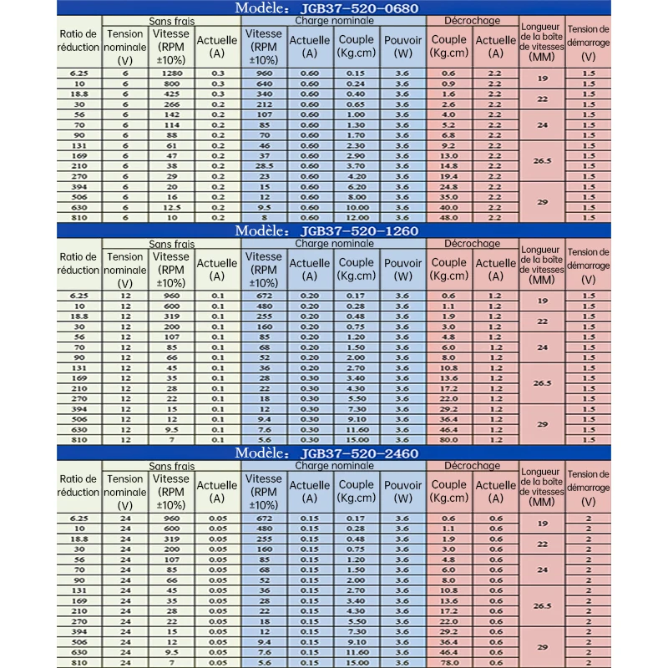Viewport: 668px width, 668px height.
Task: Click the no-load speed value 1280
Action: [x=172, y=73]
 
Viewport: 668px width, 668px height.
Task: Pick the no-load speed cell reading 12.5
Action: [x=172, y=206]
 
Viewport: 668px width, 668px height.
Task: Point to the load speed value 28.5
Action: [x=264, y=165]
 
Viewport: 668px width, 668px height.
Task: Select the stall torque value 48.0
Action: [x=448, y=216]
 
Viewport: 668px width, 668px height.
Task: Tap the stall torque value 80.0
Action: [x=448, y=439]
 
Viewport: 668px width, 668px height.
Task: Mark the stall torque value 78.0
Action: [x=448, y=661]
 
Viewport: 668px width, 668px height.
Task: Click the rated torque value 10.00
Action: [x=357, y=206]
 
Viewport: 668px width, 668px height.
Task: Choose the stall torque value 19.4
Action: [x=448, y=175]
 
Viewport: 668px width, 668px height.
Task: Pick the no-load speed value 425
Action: [x=172, y=94]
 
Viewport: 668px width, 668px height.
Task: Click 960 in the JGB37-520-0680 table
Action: [x=264, y=73]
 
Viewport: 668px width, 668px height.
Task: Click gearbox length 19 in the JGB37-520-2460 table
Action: [x=542, y=523]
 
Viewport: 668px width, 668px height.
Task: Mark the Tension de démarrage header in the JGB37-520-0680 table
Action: [x=587, y=43]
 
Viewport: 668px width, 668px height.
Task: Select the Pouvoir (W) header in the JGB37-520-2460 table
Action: [x=402, y=490]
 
